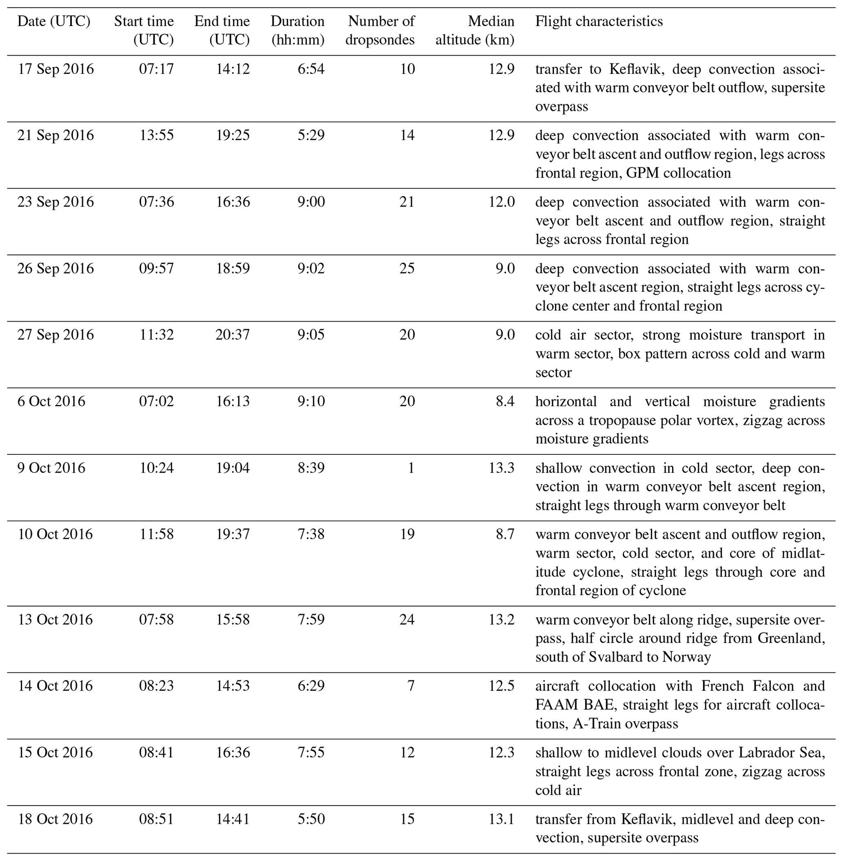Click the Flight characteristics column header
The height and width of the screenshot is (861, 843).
click(x=599, y=21)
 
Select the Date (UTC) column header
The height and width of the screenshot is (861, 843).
click(x=53, y=21)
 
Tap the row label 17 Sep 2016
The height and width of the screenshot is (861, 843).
click(x=56, y=69)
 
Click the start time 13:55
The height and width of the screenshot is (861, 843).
click(x=157, y=135)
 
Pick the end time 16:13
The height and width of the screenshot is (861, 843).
click(x=233, y=401)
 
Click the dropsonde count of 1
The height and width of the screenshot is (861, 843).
click(x=411, y=468)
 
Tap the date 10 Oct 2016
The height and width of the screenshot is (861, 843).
click(x=55, y=534)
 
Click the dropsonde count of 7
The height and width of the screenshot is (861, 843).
click(x=411, y=686)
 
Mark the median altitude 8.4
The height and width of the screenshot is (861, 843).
click(x=505, y=401)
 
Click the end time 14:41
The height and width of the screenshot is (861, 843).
click(x=233, y=819)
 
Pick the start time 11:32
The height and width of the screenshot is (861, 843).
click(x=157, y=335)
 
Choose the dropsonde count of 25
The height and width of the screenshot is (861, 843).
click(x=407, y=269)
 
